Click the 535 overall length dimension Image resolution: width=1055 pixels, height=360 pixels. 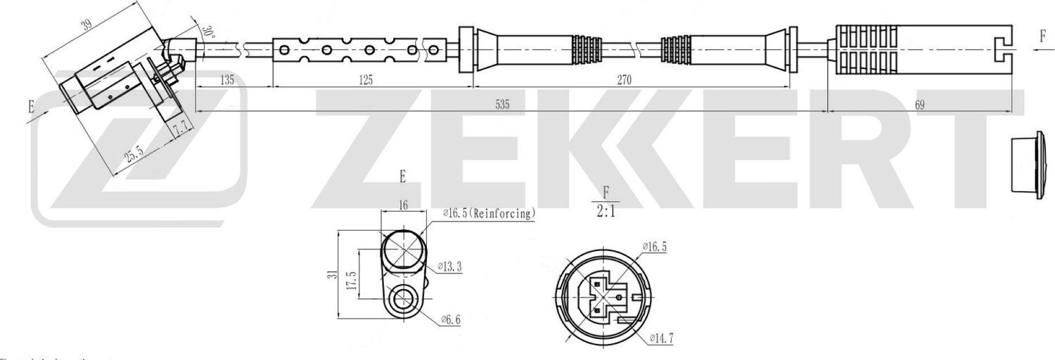(x=502, y=105)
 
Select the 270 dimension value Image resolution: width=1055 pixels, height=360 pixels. (x=624, y=80)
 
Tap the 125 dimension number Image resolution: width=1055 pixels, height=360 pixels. (x=364, y=80)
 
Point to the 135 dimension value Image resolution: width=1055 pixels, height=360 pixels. (x=227, y=80)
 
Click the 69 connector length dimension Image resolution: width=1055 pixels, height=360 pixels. (x=919, y=105)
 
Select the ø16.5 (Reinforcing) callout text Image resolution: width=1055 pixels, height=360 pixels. (x=489, y=212)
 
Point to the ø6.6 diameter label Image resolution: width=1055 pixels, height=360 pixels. (x=450, y=320)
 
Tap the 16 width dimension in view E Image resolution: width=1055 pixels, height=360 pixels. (x=403, y=205)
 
